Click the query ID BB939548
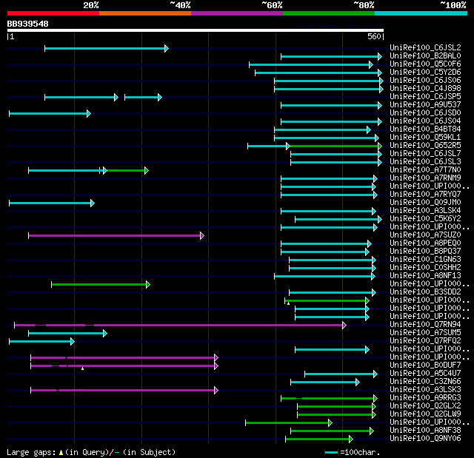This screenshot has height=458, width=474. click(x=27, y=24)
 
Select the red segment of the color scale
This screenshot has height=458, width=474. click(x=53, y=13)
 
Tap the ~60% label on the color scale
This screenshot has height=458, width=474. click(x=272, y=5)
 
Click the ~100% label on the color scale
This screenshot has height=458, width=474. click(x=452, y=5)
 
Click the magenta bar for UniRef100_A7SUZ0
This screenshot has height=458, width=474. click(x=116, y=235)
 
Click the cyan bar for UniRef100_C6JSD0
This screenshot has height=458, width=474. click(x=49, y=113)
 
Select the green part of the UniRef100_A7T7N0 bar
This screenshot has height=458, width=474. click(x=127, y=170)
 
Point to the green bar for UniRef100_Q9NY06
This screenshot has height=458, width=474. click(x=318, y=439)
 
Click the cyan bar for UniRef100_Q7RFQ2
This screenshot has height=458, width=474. click(x=41, y=341)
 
